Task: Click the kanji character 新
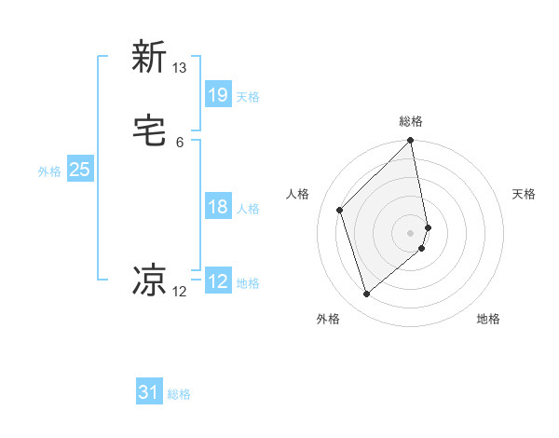pos(149,57)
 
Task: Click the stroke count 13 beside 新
pos(180,68)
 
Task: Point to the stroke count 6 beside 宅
pos(180,143)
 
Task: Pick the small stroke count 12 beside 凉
pos(180,292)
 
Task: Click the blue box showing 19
pos(218,94)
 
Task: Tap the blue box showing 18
pos(218,207)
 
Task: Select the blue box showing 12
pos(218,281)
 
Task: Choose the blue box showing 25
pos(79,170)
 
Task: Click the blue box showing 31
pos(149,392)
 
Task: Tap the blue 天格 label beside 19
pos(248,96)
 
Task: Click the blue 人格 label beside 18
pos(248,209)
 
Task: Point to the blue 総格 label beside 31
pos(179,394)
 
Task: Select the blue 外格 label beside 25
pos(49,171)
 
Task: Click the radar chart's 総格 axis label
pos(411,121)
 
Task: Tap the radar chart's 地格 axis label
pos(488,319)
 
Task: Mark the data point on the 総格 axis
pos(411,142)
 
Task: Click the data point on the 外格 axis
pos(367,294)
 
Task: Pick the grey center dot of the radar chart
pos(411,232)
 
